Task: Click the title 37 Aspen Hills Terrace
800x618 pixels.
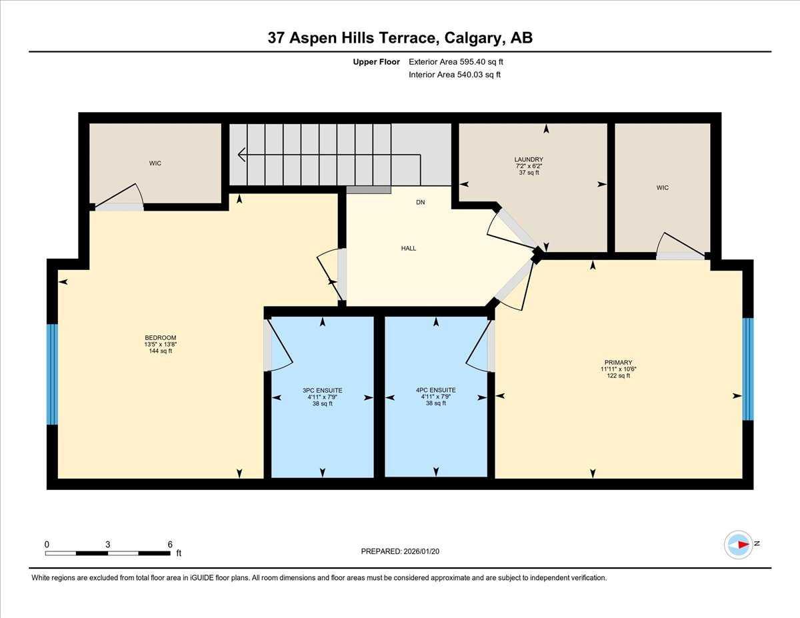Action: [x=400, y=38]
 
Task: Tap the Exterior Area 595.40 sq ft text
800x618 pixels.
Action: [x=455, y=62]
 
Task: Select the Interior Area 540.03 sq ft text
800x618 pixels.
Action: [x=455, y=75]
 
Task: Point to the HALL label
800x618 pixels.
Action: [x=409, y=248]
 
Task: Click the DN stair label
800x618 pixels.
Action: [x=420, y=202]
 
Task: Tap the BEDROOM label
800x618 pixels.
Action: [x=161, y=337]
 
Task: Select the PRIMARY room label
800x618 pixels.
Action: [x=619, y=363]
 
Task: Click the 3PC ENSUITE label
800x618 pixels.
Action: [x=322, y=391]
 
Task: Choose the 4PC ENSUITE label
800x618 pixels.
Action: [x=435, y=391]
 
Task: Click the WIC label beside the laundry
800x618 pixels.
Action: [x=662, y=187]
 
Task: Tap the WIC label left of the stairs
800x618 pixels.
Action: [x=155, y=163]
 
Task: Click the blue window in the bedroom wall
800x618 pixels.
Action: [x=52, y=374]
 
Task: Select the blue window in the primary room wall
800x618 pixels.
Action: [x=748, y=369]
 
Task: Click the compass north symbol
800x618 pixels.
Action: [x=739, y=545]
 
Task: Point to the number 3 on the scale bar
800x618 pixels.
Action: [x=107, y=544]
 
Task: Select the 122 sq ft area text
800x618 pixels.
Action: [x=619, y=376]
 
